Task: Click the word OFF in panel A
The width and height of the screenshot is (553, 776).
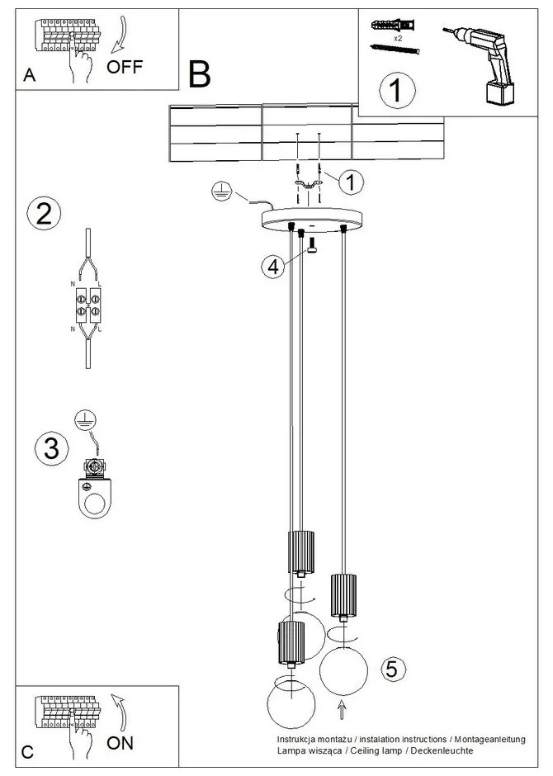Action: (125, 68)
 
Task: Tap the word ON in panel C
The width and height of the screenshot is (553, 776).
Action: (121, 742)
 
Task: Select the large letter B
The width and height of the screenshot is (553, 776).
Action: (199, 76)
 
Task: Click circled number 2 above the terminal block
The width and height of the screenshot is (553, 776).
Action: (44, 213)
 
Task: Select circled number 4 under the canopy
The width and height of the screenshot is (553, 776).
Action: (273, 266)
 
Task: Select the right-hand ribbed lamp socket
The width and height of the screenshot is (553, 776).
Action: (342, 594)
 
